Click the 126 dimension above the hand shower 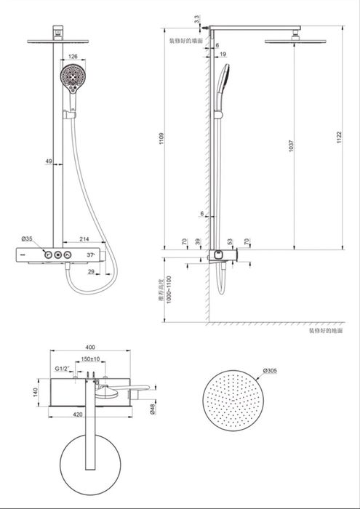coord(73,55)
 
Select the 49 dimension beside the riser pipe coord(48,161)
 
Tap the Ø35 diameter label coord(27,239)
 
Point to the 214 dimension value coord(85,239)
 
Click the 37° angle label coord(92,255)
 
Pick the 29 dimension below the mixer coord(92,271)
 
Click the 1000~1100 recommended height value coord(169,289)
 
